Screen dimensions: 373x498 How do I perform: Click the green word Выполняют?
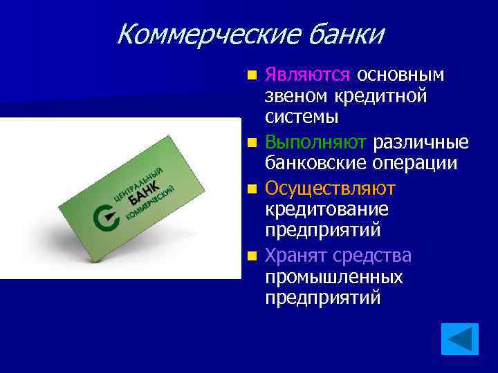tap(315, 142)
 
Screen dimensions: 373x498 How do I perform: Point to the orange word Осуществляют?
tap(330, 188)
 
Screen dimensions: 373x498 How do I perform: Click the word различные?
tap(421, 142)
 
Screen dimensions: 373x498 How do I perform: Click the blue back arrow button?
tap(460, 338)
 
